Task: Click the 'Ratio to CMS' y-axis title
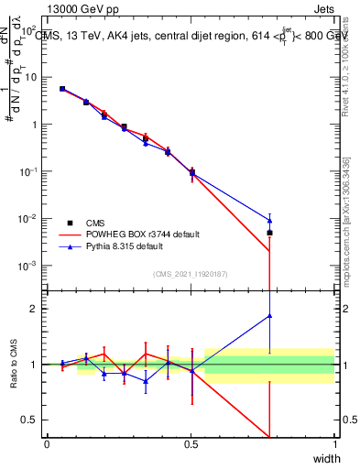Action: (x=16, y=365)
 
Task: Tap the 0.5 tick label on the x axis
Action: (x=191, y=444)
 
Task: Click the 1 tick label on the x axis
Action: (x=334, y=444)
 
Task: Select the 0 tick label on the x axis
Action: (x=47, y=444)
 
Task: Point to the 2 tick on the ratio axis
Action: (x=37, y=309)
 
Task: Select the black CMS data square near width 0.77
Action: (x=269, y=233)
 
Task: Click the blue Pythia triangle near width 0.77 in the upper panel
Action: (x=269, y=220)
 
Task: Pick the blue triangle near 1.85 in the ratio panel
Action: (x=269, y=316)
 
